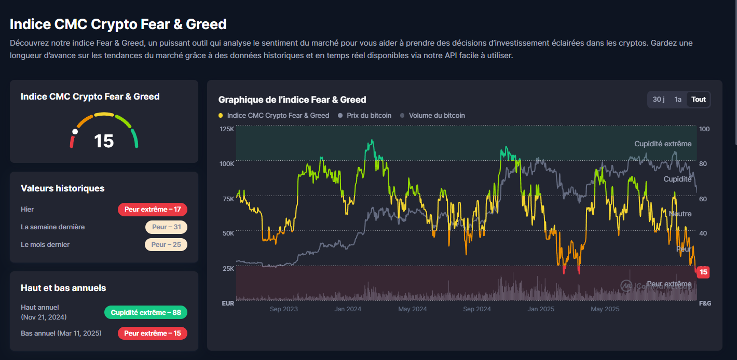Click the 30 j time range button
click(659, 99)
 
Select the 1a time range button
click(678, 99)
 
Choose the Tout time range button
click(699, 99)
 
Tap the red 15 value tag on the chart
click(703, 272)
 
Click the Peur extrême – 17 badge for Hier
click(153, 209)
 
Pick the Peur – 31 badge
click(166, 227)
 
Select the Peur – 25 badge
click(166, 244)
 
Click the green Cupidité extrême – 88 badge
click(145, 312)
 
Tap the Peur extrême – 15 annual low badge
click(153, 333)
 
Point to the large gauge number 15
click(104, 141)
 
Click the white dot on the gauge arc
click(75, 132)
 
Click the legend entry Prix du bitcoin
click(364, 115)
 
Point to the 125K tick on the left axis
click(227, 129)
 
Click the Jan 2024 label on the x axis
click(348, 309)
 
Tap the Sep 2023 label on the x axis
click(284, 309)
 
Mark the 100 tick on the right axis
click(704, 129)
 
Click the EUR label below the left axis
click(228, 303)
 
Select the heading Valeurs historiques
click(62, 188)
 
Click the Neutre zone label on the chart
click(680, 214)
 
